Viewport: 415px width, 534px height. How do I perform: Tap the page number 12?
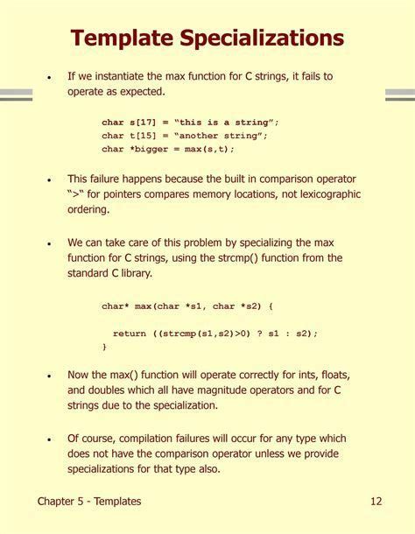click(x=376, y=502)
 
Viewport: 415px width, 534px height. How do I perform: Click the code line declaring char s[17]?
click(x=189, y=123)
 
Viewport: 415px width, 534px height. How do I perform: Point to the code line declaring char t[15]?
click(x=184, y=136)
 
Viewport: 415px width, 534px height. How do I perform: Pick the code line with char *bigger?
click(x=168, y=149)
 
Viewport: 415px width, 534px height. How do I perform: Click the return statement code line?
click(x=215, y=334)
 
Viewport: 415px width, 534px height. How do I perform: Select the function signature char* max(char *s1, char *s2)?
click(x=187, y=306)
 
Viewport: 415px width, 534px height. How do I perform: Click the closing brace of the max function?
click(x=105, y=347)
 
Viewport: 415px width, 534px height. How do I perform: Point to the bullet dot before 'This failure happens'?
click(x=49, y=179)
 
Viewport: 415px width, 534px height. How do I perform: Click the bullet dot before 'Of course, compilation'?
click(x=49, y=439)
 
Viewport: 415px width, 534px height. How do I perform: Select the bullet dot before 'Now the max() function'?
click(x=49, y=375)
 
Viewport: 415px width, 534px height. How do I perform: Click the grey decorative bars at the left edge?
click(x=16, y=95)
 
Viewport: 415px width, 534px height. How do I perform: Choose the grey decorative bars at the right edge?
click(x=399, y=95)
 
